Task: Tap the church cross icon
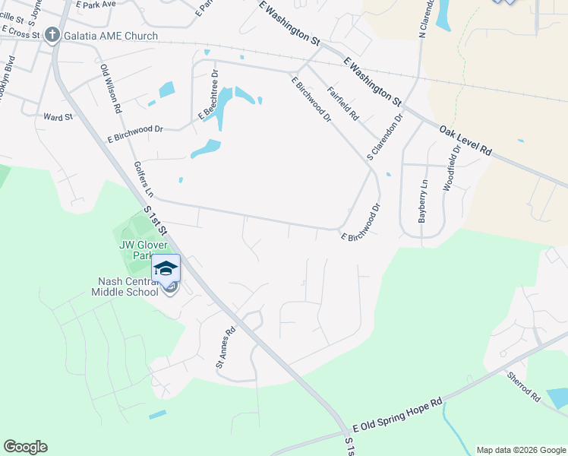click(52, 35)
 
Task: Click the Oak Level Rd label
click(465, 141)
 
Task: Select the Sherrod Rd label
click(525, 385)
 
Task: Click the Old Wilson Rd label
click(111, 89)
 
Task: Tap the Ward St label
click(58, 117)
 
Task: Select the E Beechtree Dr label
click(210, 100)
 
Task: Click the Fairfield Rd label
click(342, 104)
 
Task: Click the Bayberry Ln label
click(423, 201)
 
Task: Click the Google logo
click(25, 447)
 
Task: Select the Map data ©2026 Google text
click(520, 450)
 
